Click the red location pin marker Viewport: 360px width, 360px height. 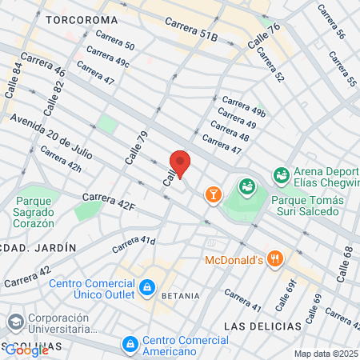(180, 163)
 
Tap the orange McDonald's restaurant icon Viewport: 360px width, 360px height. (276, 258)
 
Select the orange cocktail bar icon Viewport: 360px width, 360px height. (213, 194)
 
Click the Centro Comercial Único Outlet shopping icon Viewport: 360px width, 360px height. (147, 286)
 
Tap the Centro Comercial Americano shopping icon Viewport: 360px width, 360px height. (130, 344)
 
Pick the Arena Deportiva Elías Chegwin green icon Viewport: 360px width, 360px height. (281, 174)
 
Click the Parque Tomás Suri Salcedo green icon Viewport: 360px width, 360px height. (247, 187)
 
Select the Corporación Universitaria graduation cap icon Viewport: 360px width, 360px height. (15, 322)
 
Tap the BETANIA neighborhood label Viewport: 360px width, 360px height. (180, 296)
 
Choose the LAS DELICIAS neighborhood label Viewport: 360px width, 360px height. (262, 326)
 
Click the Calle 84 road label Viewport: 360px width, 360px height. (14, 81)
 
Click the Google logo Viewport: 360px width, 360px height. (26, 350)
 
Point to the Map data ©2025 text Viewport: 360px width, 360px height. (326, 354)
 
